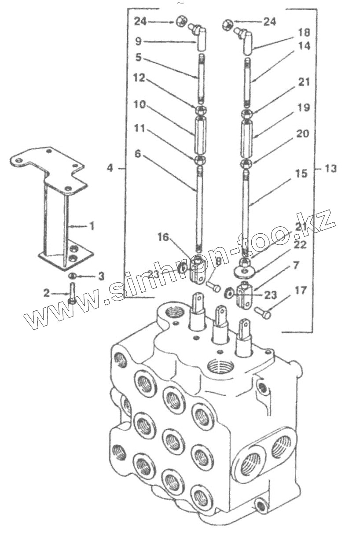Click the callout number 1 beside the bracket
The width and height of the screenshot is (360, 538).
point(92,226)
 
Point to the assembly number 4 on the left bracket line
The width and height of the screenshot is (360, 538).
point(110,168)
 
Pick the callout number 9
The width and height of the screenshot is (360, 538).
point(138,41)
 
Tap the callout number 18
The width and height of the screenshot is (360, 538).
point(304,33)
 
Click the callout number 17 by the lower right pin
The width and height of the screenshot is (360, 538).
point(300,291)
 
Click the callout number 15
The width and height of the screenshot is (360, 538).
point(301,173)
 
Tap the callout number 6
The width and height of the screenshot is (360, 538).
point(137,154)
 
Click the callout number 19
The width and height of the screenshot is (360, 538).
point(304,107)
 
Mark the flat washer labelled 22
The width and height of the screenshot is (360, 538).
point(244,271)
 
